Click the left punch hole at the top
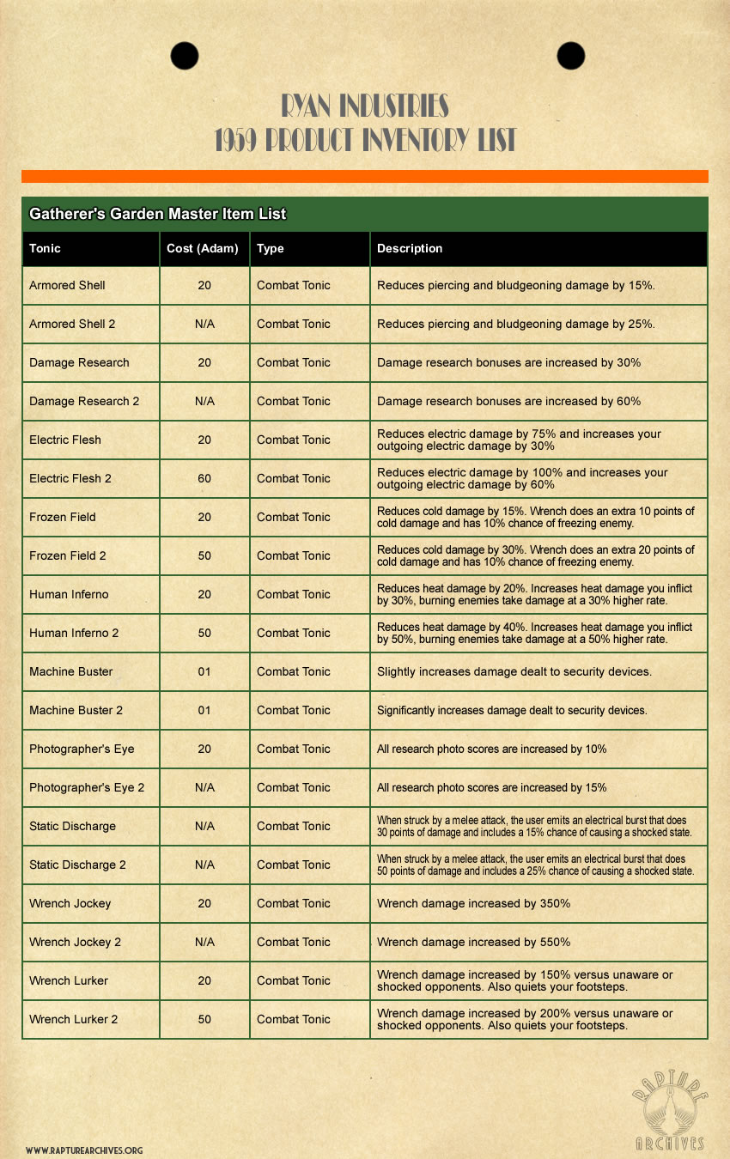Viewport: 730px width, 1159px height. coord(185,56)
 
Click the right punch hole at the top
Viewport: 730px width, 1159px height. coord(570,56)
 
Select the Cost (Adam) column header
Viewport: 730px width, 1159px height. coord(204,249)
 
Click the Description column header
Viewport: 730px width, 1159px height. coord(410,249)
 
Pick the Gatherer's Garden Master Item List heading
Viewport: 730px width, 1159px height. coord(157,214)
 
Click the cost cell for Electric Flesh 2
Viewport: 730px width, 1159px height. coord(204,478)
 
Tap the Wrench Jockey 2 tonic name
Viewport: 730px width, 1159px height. coord(75,942)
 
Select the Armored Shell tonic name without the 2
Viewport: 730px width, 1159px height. coord(67,285)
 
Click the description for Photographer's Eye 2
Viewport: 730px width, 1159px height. coord(491,787)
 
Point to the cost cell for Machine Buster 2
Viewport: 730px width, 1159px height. coord(204,710)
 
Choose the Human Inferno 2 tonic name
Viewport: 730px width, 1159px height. coord(74,633)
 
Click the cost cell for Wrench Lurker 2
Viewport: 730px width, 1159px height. coord(204,1019)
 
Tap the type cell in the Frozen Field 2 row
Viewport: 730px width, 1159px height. coord(293,555)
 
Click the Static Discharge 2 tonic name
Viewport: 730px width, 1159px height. coord(77,865)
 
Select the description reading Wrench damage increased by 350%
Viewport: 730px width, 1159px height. coord(473,903)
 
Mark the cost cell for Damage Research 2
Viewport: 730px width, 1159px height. coord(204,401)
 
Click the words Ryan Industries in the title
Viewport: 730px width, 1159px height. coord(365,106)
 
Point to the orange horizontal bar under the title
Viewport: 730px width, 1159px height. coord(365,176)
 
